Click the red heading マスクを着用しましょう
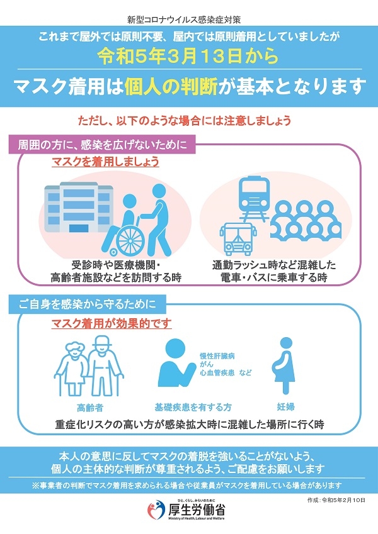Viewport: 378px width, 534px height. tap(105, 162)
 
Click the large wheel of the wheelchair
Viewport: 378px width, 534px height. tap(130, 240)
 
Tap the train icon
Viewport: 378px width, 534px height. tap(255, 197)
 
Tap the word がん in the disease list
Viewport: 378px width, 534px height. tap(206, 364)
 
